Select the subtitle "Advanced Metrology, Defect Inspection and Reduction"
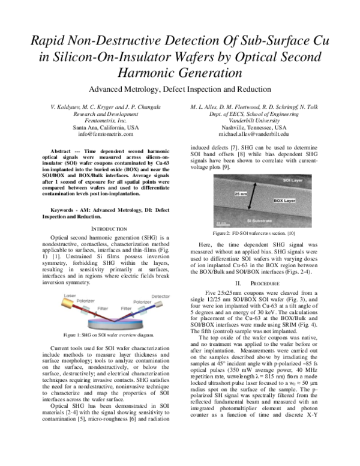pyautogui.click(x=179, y=89)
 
